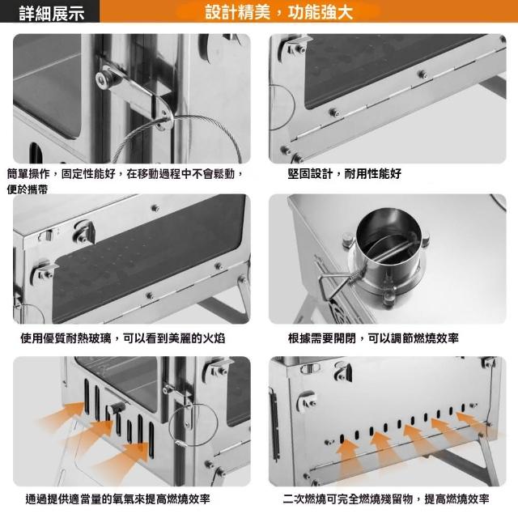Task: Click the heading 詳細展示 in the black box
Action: (x=52, y=13)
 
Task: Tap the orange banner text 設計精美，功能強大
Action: (x=279, y=12)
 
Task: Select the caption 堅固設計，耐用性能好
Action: (x=344, y=173)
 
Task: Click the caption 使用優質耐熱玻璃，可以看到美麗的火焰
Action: (x=122, y=338)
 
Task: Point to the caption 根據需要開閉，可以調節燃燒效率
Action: (x=373, y=338)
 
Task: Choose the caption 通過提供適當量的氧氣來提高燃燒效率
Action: (x=117, y=499)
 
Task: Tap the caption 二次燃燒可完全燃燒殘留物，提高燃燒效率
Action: (x=386, y=499)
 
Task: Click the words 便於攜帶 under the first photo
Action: (x=28, y=189)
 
